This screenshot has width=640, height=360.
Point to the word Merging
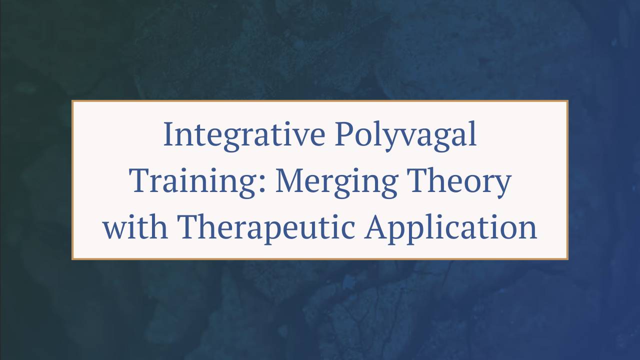pyautogui.click(x=336, y=182)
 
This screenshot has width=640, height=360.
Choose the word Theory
pyautogui.click(x=458, y=182)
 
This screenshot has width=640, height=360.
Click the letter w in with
pyautogui.click(x=114, y=229)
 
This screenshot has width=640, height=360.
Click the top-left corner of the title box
pyautogui.click(x=72, y=101)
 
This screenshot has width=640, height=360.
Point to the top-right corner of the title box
pyautogui.click(x=567, y=101)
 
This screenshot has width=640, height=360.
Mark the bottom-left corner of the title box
pyautogui.click(x=72, y=259)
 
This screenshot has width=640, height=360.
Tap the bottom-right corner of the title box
pyautogui.click(x=567, y=259)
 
